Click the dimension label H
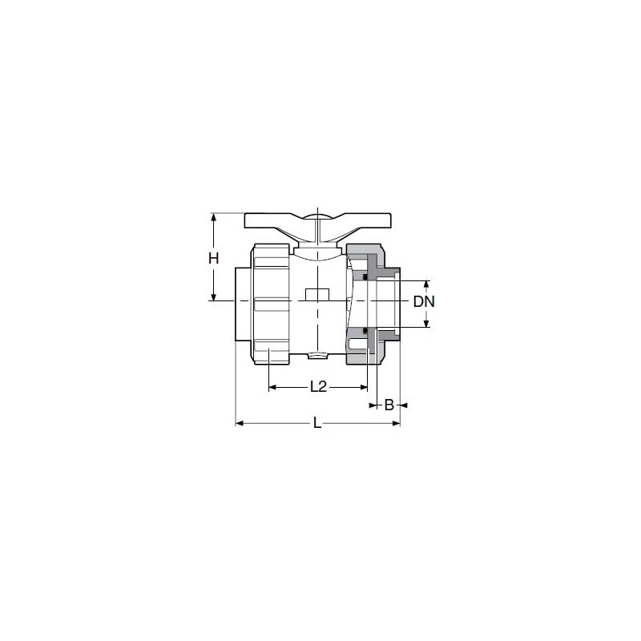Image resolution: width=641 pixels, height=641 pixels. click(x=213, y=258)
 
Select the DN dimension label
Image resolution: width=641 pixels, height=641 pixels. click(x=424, y=302)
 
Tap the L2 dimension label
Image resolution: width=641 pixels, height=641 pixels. click(x=318, y=386)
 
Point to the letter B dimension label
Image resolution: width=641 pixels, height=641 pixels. click(x=389, y=405)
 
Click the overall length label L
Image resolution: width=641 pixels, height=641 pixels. click(x=317, y=423)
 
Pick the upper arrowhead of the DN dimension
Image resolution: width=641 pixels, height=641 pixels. click(x=426, y=284)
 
